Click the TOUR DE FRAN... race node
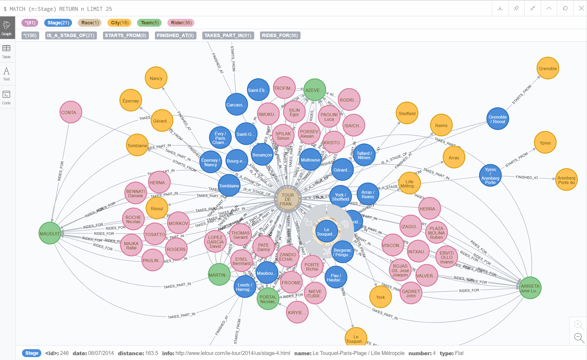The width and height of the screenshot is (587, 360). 288,199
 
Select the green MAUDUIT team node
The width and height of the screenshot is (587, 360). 50,233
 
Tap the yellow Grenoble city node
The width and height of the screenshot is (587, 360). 548,68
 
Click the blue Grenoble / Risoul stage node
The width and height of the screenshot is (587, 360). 498,119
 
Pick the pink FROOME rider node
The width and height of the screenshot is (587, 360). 291,282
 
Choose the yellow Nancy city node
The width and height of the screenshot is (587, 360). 156,78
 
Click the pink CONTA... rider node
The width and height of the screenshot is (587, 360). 70,112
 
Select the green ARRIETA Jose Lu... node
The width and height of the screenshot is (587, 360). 530,288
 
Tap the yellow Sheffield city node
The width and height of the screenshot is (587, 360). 407,113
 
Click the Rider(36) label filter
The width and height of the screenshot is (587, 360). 181,23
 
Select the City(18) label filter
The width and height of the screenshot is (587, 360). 119,23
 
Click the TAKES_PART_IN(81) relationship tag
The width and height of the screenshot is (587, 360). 228,35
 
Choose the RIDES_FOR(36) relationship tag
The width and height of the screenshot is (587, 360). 280,35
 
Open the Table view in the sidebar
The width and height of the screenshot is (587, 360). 6,51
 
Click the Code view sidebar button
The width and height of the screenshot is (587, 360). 6,97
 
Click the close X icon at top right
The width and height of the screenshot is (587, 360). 581,8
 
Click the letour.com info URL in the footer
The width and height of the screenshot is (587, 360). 232,353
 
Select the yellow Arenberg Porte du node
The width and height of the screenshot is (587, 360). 566,180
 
